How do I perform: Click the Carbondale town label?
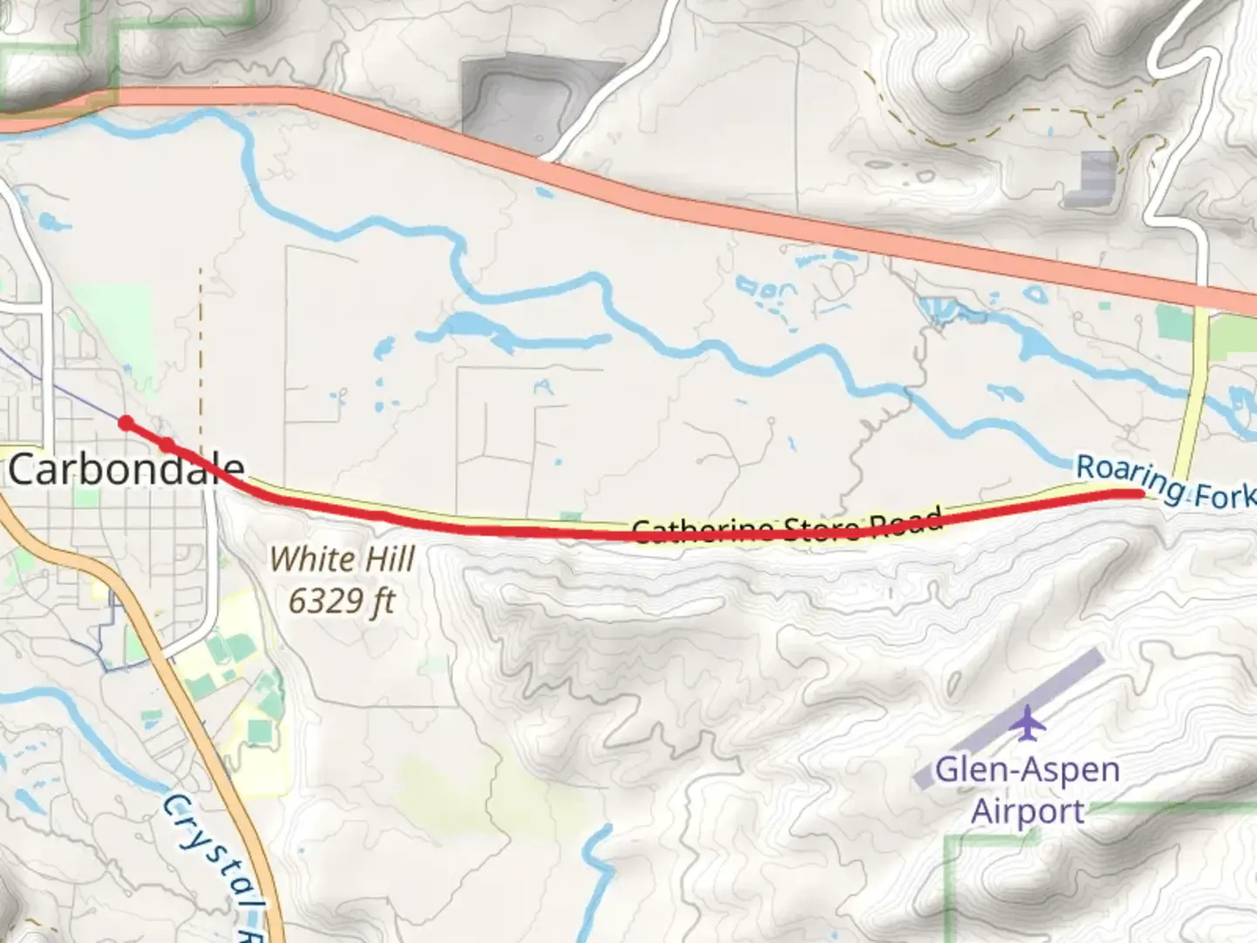click(x=125, y=470)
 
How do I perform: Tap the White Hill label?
click(x=341, y=559)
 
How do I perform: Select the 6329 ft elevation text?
click(x=341, y=601)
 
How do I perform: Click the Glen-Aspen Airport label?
click(x=1027, y=790)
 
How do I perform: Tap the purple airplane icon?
click(x=1030, y=723)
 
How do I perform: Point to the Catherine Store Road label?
click(x=786, y=527)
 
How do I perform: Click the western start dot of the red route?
click(x=127, y=423)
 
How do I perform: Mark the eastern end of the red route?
click(x=1138, y=493)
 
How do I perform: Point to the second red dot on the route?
click(x=167, y=445)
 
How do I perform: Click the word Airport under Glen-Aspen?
click(x=1027, y=811)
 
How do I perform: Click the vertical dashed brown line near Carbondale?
click(x=200, y=349)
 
